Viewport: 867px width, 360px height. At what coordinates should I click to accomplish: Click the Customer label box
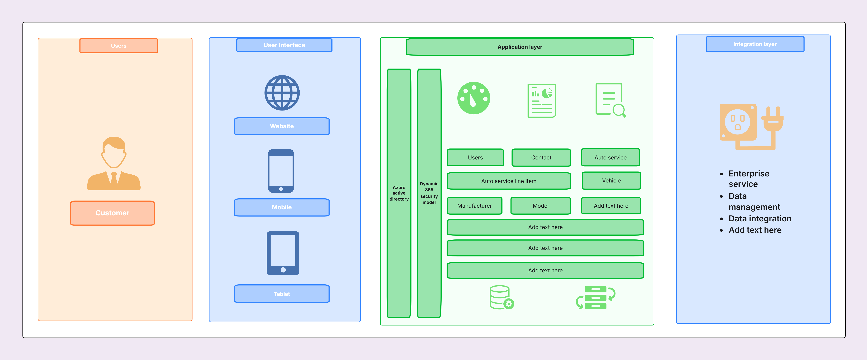click(x=112, y=213)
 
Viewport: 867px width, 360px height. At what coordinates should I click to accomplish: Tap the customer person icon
click(x=114, y=163)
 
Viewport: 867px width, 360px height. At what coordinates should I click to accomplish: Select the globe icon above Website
click(x=282, y=93)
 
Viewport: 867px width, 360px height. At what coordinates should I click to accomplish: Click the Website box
click(x=282, y=126)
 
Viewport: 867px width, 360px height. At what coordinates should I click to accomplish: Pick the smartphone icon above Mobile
click(x=281, y=171)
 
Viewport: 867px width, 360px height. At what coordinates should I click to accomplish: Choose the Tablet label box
click(x=282, y=294)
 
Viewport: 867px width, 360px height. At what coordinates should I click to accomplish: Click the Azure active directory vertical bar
click(x=399, y=193)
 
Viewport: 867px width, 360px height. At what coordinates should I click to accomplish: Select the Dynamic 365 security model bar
click(x=429, y=193)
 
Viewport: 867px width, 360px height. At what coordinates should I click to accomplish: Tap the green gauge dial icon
click(x=474, y=98)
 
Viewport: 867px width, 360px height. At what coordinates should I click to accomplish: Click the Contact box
click(x=541, y=157)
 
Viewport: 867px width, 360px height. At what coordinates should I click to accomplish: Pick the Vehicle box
click(x=611, y=181)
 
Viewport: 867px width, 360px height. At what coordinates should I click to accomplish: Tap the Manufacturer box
click(x=475, y=205)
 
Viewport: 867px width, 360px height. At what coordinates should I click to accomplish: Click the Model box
click(x=541, y=205)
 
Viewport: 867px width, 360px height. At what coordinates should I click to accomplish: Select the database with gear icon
click(x=501, y=297)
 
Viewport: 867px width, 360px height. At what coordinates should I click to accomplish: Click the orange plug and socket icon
click(x=751, y=127)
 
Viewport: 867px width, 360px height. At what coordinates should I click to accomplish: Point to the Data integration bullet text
click(x=760, y=219)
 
